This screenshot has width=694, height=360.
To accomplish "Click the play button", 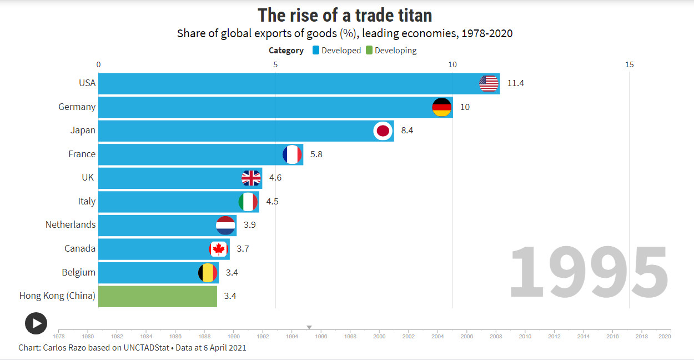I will (x=36, y=323).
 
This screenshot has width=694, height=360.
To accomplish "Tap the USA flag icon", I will (x=489, y=83).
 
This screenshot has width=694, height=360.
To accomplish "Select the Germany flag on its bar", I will (x=442, y=107).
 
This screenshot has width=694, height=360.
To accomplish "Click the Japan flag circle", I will (x=383, y=131).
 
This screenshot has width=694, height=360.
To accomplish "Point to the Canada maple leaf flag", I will (x=219, y=248).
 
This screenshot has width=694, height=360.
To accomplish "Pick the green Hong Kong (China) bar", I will (x=158, y=296).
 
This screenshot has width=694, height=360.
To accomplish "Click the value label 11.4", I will (x=515, y=83).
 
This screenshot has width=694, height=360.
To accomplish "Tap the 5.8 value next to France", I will (x=316, y=154).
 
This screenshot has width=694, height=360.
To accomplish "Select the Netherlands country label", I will (x=71, y=224).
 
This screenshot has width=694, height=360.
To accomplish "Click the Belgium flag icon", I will (x=208, y=272).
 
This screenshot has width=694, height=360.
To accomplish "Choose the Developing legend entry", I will (x=395, y=51).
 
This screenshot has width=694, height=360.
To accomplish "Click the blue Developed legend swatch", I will (x=316, y=51).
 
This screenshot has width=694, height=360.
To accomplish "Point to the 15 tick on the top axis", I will (x=629, y=64).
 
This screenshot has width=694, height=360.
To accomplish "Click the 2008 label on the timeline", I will (x=495, y=336).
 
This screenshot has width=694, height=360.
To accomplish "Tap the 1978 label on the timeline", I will (x=58, y=336).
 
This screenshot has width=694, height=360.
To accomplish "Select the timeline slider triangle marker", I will (x=309, y=327).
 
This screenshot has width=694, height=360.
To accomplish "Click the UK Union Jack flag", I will (x=251, y=178).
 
